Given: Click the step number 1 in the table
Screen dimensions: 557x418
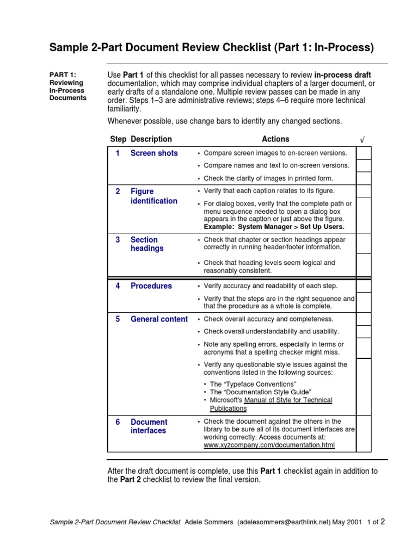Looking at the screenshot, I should click(x=118, y=153).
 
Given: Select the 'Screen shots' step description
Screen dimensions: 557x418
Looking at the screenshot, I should click(x=154, y=153).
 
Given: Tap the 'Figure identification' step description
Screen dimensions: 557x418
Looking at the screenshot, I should click(x=153, y=196).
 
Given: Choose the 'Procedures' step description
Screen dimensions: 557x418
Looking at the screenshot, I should click(x=151, y=286).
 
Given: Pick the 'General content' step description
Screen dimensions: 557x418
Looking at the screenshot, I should click(x=159, y=319).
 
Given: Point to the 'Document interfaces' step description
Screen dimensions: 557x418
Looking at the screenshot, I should click(x=149, y=426).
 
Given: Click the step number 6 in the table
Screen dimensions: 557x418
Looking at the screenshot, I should click(x=118, y=422).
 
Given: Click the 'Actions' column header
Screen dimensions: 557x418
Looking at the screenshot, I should click(x=275, y=139).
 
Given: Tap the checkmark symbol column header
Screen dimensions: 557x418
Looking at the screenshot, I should click(x=362, y=140).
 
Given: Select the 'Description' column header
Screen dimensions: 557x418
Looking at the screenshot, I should click(x=151, y=139).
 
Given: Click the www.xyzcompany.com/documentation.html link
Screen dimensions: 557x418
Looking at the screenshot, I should click(x=269, y=445).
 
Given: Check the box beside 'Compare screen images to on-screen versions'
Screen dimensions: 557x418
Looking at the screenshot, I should click(x=364, y=152).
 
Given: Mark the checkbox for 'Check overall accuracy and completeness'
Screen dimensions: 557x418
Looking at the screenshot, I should click(x=364, y=319).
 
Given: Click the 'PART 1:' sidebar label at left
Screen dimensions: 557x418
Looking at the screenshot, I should click(x=63, y=75).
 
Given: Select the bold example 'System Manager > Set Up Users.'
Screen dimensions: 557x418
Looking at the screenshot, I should click(x=274, y=226).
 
